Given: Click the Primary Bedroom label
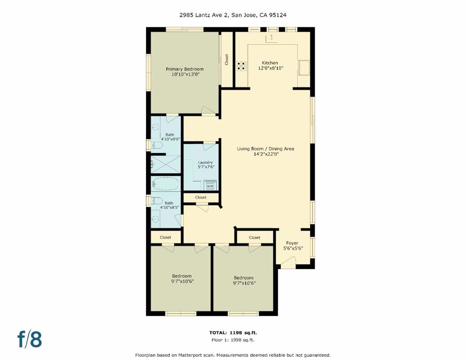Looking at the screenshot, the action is pos(185,69).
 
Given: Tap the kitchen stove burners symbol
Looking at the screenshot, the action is pos(241,66).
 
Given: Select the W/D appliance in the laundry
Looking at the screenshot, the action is pos(210,186).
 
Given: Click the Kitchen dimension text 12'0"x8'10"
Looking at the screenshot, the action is pos(270,68).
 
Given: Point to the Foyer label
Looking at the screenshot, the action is pos(292,243).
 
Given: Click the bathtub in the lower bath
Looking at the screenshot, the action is pos(165,183).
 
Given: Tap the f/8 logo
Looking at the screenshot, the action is pos(30,339).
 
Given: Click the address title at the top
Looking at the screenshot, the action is pos(233,15).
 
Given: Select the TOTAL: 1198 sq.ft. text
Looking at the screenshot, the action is pos(233,333).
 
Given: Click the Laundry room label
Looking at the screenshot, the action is pos(205,162).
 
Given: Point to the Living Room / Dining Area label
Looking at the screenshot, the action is pos(265,149).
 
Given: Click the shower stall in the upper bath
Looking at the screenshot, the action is pos(165,164).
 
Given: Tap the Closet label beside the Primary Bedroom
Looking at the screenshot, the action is pos(227,60).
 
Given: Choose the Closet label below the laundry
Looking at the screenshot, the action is pos(201,198).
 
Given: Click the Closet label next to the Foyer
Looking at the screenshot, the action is pos(254,238).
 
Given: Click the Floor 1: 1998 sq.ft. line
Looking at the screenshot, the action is pos(233,340).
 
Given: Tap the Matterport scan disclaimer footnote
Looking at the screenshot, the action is pos(233,355).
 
